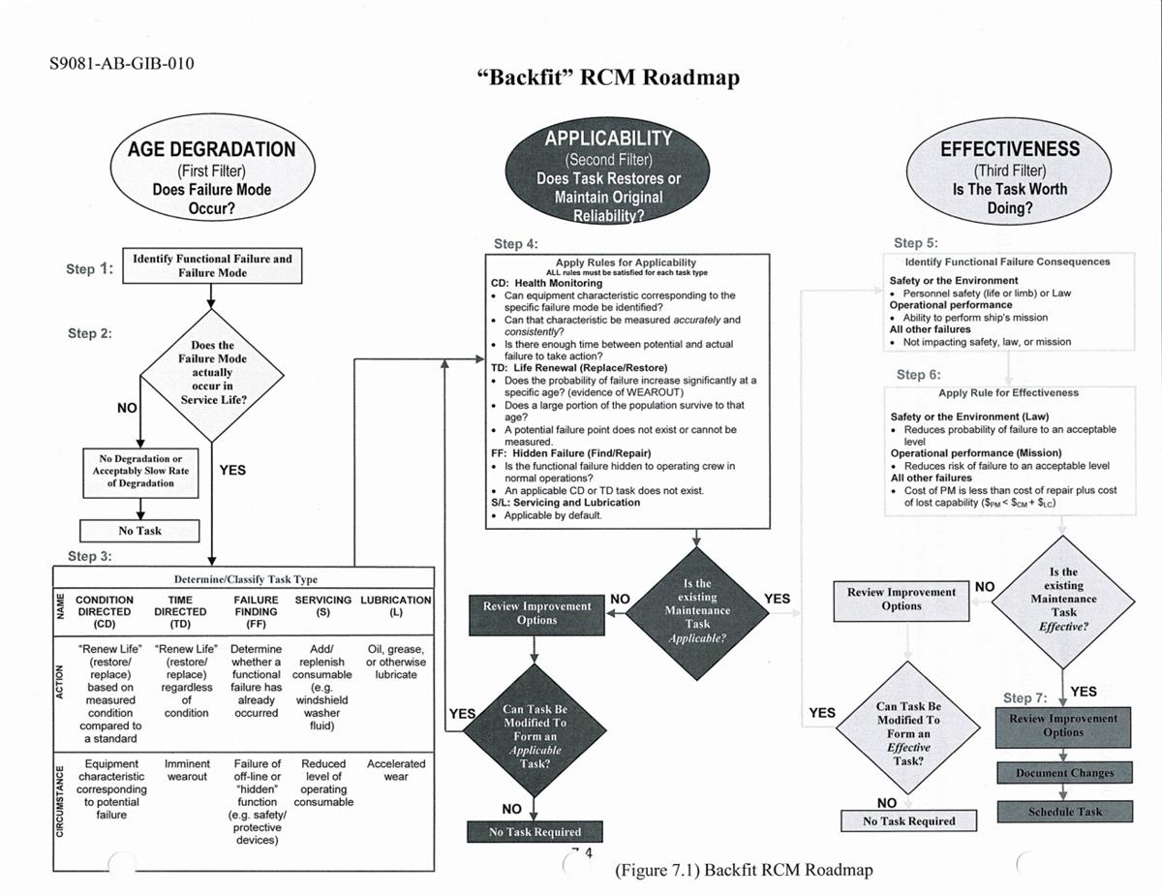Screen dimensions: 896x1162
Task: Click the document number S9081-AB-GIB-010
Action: (121, 64)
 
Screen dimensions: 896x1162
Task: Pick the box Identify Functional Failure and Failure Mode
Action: (211, 265)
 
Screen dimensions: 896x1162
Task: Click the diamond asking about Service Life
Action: (211, 373)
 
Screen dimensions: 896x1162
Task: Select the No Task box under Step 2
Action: (139, 531)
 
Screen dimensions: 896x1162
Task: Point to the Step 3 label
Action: (89, 556)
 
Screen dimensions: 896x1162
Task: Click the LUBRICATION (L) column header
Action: (395, 606)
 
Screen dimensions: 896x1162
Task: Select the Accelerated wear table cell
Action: (395, 770)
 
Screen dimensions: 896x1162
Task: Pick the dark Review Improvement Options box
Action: (536, 612)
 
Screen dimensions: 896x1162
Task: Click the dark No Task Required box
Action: (535, 831)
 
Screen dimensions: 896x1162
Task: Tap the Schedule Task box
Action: (1064, 812)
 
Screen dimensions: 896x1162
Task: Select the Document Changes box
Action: (1064, 773)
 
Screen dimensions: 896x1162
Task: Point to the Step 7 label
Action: (1024, 697)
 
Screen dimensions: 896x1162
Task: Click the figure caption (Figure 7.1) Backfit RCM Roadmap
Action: (743, 870)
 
